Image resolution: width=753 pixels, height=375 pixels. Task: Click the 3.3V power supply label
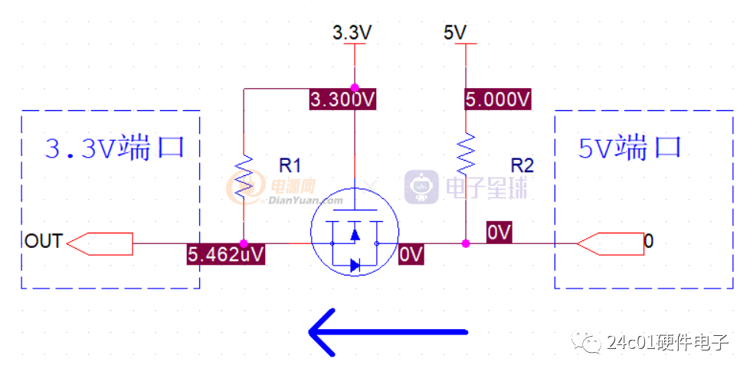(352, 33)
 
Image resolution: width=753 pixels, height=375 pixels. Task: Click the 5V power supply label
(453, 33)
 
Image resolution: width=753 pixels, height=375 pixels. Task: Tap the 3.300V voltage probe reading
(342, 100)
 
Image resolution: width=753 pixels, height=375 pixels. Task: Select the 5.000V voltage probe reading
(498, 99)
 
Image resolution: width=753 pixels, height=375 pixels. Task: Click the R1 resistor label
(290, 166)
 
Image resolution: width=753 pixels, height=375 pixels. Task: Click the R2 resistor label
(522, 166)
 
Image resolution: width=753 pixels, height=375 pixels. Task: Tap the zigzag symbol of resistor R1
(244, 177)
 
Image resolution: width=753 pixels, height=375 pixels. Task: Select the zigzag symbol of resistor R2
(465, 155)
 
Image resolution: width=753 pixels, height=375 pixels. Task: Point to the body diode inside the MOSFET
(355, 266)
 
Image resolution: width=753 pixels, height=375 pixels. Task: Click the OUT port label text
(43, 241)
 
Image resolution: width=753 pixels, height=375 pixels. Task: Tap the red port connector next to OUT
(99, 243)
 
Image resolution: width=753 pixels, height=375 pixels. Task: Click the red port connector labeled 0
(610, 243)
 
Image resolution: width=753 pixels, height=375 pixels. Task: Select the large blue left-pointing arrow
(388, 332)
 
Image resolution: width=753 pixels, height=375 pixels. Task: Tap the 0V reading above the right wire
(499, 232)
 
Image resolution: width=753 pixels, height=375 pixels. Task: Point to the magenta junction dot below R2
(465, 243)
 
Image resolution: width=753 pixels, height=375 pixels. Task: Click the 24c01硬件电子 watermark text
(668, 343)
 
